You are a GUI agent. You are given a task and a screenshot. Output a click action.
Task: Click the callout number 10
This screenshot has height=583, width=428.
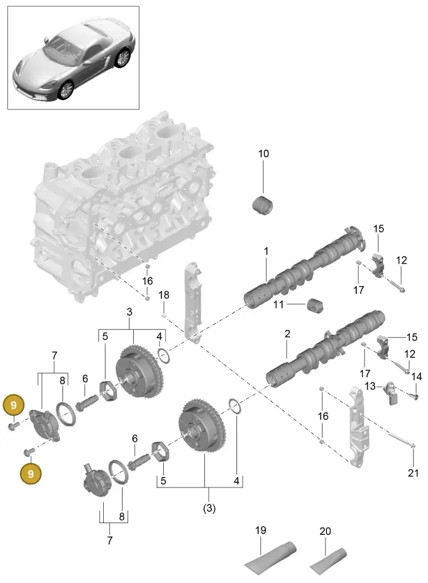tap(263, 154)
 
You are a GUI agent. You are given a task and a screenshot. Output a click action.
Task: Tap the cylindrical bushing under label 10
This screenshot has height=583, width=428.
tap(263, 205)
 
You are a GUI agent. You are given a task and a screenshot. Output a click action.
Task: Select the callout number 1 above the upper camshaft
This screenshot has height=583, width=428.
tap(266, 251)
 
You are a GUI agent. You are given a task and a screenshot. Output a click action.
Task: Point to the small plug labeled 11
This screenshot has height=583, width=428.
tap(315, 305)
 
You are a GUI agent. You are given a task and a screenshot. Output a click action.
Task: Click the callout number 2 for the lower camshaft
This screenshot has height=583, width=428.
tap(287, 334)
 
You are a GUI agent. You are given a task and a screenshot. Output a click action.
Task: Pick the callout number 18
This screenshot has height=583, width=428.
tap(164, 295)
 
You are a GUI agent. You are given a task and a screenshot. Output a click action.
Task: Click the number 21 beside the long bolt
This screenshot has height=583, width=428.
tap(413, 473)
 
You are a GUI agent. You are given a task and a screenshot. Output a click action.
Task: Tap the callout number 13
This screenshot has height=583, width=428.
tap(370, 386)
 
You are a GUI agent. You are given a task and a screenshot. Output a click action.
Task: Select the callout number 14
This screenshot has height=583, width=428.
tap(416, 377)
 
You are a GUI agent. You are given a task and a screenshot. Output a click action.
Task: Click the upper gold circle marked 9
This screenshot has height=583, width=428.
tap(14, 405)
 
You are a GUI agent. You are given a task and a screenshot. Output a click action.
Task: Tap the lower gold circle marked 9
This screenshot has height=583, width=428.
tap(31, 474)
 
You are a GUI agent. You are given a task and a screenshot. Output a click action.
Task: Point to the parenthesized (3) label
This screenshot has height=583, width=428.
tap(209, 508)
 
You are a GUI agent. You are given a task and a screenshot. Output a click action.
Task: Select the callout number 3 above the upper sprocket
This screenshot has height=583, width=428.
tap(129, 312)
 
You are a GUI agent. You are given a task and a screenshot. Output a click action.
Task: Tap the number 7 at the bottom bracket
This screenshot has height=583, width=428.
tap(110, 540)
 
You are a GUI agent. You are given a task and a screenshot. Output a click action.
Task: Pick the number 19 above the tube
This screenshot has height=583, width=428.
tap(261, 530)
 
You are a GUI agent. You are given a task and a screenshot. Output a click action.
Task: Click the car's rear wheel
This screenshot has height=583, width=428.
tap(123, 58)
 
